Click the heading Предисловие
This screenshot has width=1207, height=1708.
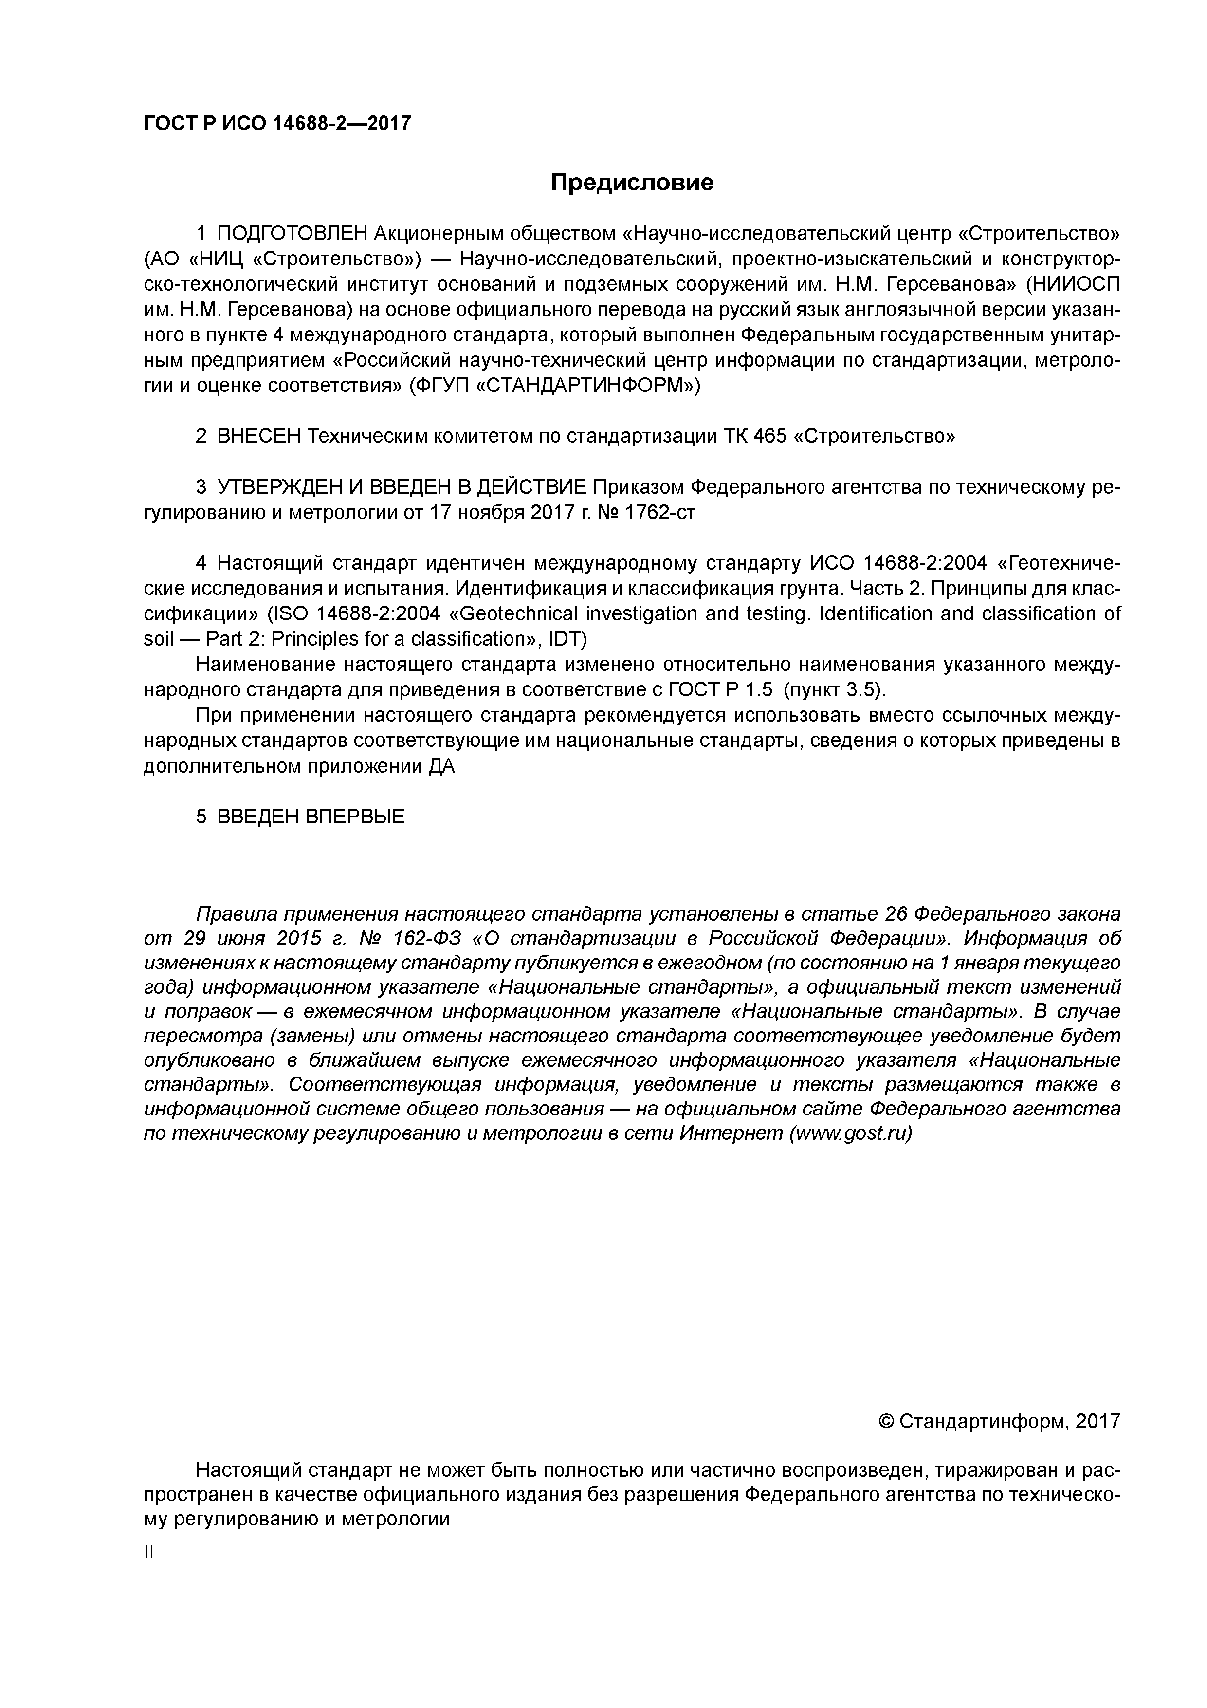pos(631,182)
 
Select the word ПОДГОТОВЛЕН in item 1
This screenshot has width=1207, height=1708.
pos(293,234)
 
